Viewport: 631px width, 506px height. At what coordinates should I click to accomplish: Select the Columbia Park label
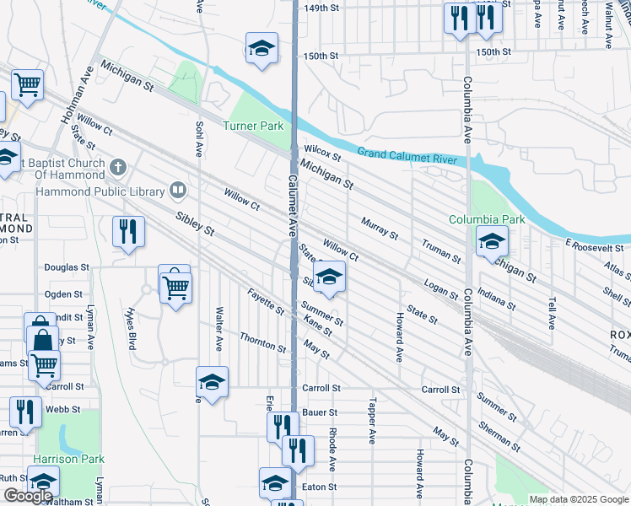pyautogui.click(x=487, y=219)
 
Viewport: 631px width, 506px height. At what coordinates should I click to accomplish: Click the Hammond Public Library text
pyautogui.click(x=100, y=191)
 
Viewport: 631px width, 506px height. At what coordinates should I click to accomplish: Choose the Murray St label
pyautogui.click(x=379, y=227)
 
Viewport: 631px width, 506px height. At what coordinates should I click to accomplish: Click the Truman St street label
pyautogui.click(x=440, y=249)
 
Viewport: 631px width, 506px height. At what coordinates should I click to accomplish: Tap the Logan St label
pyautogui.click(x=441, y=287)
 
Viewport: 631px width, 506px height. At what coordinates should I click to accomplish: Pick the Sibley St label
pyautogui.click(x=195, y=223)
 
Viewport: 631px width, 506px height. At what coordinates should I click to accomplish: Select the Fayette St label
pyautogui.click(x=266, y=301)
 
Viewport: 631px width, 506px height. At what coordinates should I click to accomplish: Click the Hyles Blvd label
pyautogui.click(x=132, y=328)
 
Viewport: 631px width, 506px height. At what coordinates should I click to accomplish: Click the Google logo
pyautogui.click(x=28, y=495)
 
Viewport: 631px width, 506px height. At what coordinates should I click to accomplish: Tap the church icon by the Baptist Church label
pyautogui.click(x=118, y=167)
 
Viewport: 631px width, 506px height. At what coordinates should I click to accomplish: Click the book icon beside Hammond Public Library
pyautogui.click(x=177, y=191)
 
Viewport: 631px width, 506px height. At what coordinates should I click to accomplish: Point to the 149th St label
pyautogui.click(x=321, y=8)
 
